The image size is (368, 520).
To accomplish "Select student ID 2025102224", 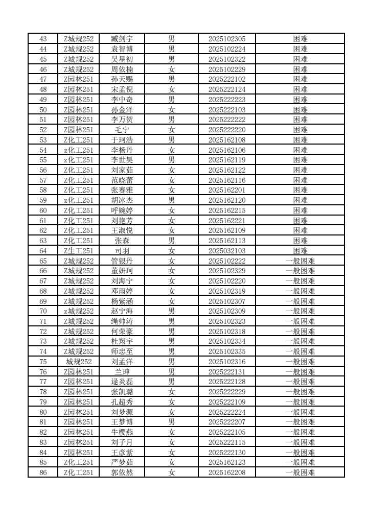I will click(x=227, y=49).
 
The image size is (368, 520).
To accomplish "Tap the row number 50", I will click(x=43, y=110).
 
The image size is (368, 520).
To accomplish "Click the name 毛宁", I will click(x=122, y=130).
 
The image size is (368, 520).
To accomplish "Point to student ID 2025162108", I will click(x=227, y=140).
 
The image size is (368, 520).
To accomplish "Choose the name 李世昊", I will click(x=122, y=160).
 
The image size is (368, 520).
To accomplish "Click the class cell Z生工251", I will click(x=79, y=251).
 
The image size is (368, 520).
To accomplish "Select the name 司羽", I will click(x=122, y=251).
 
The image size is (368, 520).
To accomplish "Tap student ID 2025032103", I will click(x=227, y=251).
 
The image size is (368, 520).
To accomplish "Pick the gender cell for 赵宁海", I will click(x=172, y=311).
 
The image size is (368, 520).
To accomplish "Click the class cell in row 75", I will click(x=79, y=362).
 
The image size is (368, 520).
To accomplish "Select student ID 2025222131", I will click(x=227, y=372).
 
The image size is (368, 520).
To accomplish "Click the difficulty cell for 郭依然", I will click(x=301, y=472).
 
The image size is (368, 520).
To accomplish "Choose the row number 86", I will click(x=43, y=472).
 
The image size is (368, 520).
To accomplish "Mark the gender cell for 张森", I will click(x=172, y=241).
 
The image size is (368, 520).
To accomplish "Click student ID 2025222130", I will click(x=227, y=453).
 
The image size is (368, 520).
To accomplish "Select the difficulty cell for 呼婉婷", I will click(x=301, y=210).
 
